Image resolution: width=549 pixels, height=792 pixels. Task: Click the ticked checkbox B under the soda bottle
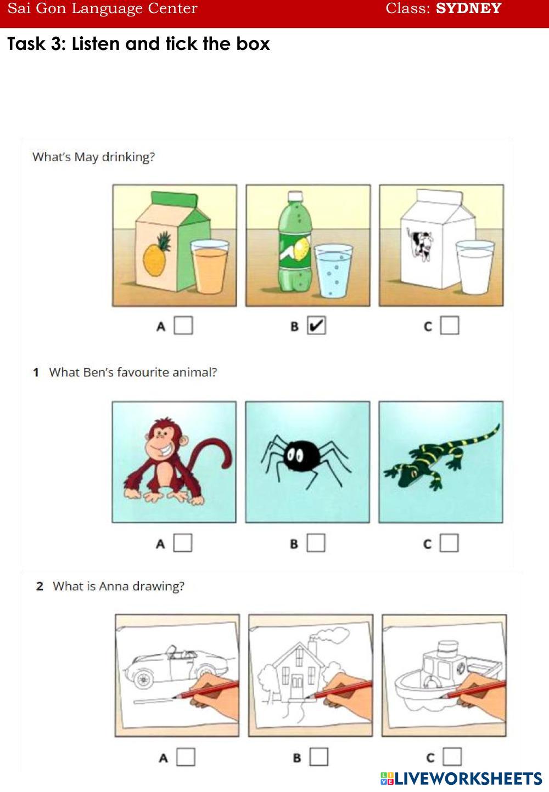316,325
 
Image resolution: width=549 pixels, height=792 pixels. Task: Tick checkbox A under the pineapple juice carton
183,325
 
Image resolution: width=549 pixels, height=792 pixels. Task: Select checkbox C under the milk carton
450,325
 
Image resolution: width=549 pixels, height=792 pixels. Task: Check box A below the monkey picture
183,543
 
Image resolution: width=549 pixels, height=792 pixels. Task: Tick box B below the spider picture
316,543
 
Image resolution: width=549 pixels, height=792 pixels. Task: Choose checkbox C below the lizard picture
449,543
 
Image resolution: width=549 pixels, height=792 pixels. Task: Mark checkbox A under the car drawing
186,757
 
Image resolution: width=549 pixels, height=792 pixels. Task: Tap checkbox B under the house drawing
319,757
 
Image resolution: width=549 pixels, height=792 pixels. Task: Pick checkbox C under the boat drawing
452,757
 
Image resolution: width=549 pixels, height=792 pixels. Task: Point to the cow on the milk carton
420,244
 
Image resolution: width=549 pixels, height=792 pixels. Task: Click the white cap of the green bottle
295,196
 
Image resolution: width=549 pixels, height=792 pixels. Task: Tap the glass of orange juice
210,267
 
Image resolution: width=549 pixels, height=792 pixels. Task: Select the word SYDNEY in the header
468,8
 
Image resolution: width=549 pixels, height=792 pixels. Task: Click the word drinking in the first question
128,157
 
